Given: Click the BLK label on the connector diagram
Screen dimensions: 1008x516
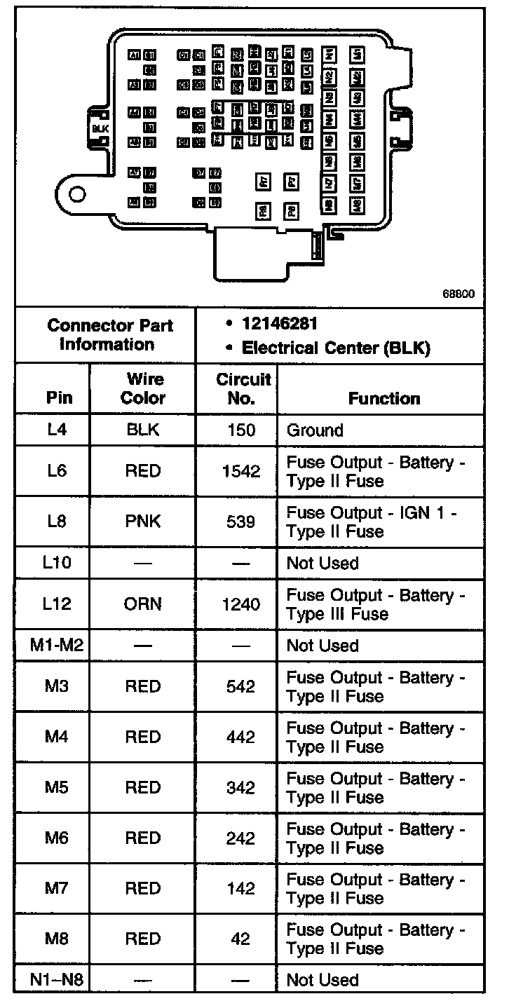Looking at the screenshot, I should click(100, 128).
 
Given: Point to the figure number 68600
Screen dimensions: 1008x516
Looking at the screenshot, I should click(459, 294).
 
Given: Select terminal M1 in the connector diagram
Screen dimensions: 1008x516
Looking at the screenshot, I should click(358, 54).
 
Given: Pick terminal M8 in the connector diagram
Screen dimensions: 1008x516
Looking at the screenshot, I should click(358, 205).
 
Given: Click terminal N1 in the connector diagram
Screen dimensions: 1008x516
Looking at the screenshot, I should click(330, 54).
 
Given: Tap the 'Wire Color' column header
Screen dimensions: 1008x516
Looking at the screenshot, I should click(143, 388).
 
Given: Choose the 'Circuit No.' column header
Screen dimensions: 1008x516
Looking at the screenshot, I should click(242, 388).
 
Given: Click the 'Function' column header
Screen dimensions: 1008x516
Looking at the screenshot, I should click(383, 398).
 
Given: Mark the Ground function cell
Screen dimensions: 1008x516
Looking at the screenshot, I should click(315, 430).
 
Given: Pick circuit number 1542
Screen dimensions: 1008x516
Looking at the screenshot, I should click(240, 471).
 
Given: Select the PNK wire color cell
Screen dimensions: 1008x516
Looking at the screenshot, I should click(143, 522).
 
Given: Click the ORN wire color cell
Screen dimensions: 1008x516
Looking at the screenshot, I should click(143, 604).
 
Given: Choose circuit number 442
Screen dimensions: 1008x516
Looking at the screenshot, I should click(240, 737).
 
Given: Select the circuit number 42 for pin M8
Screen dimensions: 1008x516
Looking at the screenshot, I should click(240, 939).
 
